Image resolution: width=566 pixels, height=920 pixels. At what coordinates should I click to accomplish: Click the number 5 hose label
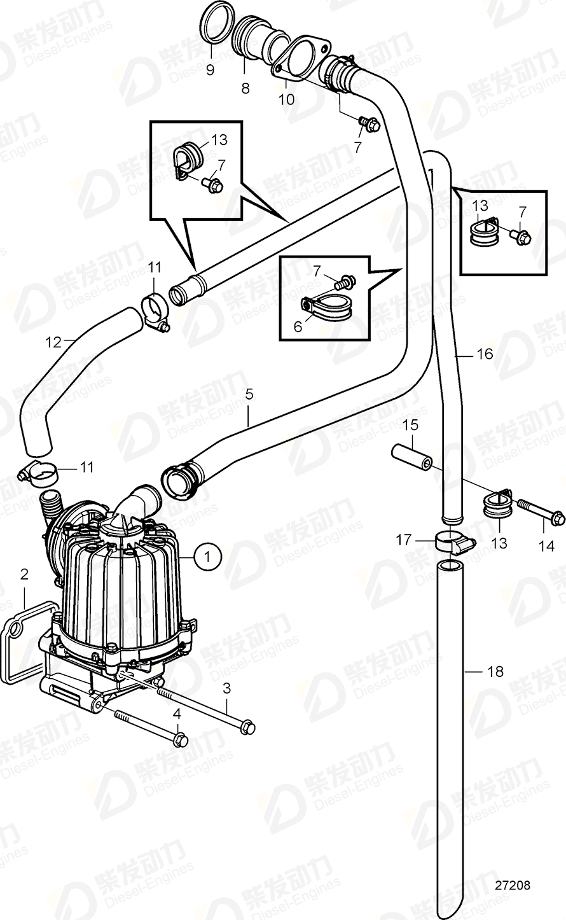(249, 394)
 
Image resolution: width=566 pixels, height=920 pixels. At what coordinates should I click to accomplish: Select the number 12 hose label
(53, 342)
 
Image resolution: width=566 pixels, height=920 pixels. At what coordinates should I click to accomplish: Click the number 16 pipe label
(485, 353)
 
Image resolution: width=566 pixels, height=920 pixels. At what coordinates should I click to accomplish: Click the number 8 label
(245, 88)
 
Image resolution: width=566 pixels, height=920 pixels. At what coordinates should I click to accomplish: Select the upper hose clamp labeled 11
(155, 307)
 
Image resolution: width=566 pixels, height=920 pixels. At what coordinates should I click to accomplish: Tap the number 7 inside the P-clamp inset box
(317, 271)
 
